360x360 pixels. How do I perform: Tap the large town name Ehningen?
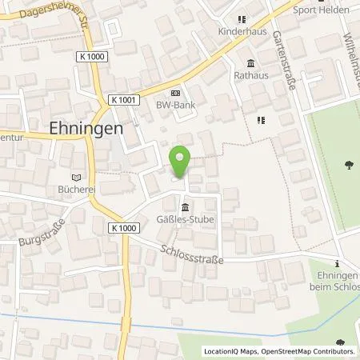coord(74,128)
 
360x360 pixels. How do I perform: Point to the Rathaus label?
coord(250,77)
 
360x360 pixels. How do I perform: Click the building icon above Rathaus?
coord(250,65)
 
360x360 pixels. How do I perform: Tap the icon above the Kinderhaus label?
coord(241,20)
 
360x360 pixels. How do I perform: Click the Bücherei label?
coord(76,191)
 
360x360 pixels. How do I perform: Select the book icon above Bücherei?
coord(76,178)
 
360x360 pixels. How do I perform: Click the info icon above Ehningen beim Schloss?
coord(338,263)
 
